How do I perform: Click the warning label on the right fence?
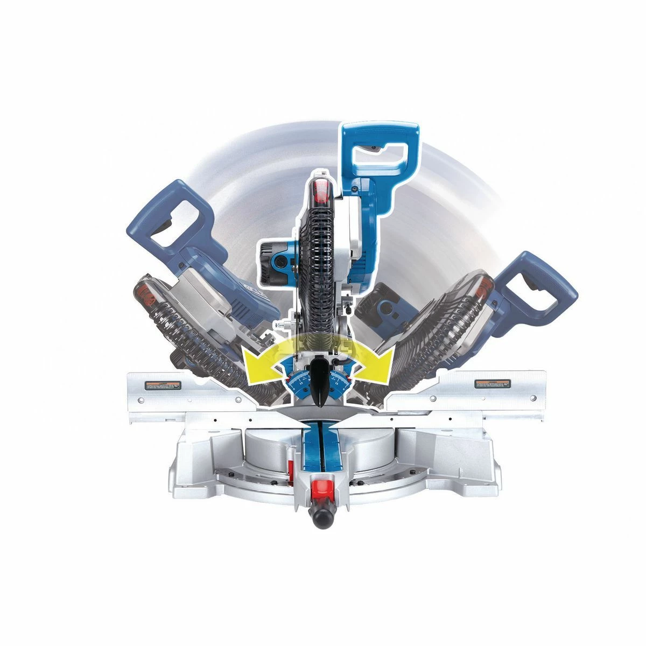pyautogui.click(x=491, y=383)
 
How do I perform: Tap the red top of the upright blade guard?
pyautogui.click(x=320, y=189)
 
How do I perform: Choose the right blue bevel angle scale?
pyautogui.click(x=339, y=382)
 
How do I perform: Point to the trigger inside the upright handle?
pyautogui.click(x=371, y=149)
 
